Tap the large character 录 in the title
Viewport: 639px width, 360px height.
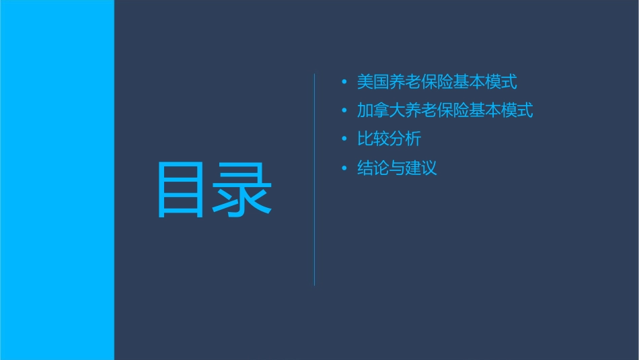point(242,190)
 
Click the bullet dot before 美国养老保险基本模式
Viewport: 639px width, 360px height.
point(344,82)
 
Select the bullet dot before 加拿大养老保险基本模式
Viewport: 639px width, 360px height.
point(344,110)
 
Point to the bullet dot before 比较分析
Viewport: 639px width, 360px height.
point(344,139)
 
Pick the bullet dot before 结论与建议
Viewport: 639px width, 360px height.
point(344,168)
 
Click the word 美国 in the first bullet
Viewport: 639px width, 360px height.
point(373,82)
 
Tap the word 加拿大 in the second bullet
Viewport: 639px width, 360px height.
point(381,110)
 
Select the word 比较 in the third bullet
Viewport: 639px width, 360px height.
point(373,139)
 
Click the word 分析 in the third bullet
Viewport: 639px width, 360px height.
point(405,139)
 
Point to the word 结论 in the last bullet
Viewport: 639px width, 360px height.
point(373,168)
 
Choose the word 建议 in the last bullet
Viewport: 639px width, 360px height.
point(421,168)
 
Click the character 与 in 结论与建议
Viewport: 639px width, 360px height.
point(397,168)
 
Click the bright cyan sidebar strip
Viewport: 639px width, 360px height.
point(57,180)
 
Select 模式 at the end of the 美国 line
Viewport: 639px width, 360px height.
point(501,82)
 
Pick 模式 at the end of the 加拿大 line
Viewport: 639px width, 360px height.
point(517,110)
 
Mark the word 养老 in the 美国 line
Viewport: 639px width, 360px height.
point(405,82)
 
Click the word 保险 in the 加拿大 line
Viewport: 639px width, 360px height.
point(453,110)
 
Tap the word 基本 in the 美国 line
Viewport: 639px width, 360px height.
point(469,82)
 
